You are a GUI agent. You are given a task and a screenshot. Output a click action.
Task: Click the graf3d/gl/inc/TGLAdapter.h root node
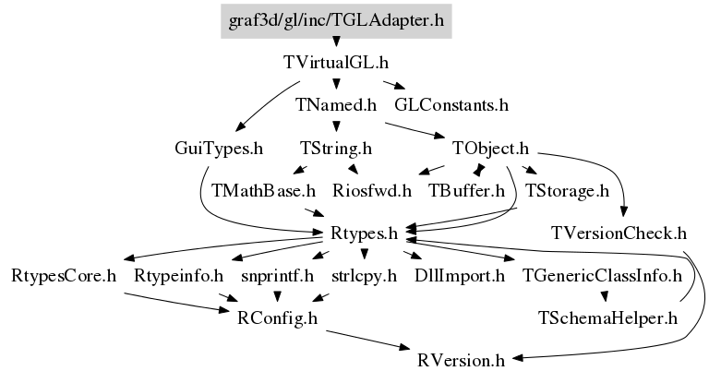click(x=336, y=18)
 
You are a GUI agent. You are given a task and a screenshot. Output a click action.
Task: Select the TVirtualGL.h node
click(x=336, y=64)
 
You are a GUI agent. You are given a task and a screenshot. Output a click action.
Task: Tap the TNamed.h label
click(x=336, y=105)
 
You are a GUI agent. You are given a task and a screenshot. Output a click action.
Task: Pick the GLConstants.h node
click(x=451, y=105)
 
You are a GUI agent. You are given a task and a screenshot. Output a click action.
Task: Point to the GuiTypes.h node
click(x=219, y=148)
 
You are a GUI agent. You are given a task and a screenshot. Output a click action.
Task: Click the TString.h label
click(x=336, y=148)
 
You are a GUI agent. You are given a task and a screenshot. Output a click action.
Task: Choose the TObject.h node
click(x=490, y=148)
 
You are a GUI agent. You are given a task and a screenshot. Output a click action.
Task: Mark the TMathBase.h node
click(x=264, y=191)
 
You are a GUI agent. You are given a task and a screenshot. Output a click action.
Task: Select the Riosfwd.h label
click(x=373, y=191)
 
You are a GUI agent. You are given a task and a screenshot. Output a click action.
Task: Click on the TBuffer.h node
click(x=467, y=191)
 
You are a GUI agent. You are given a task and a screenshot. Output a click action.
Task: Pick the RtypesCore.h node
click(x=64, y=275)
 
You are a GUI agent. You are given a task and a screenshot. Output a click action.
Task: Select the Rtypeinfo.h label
click(x=179, y=275)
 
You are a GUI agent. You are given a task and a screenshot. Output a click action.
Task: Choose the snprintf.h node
click(x=278, y=275)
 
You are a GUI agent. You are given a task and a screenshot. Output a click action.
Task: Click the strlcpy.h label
click(x=364, y=275)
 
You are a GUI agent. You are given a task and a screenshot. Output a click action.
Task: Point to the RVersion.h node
click(x=461, y=359)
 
